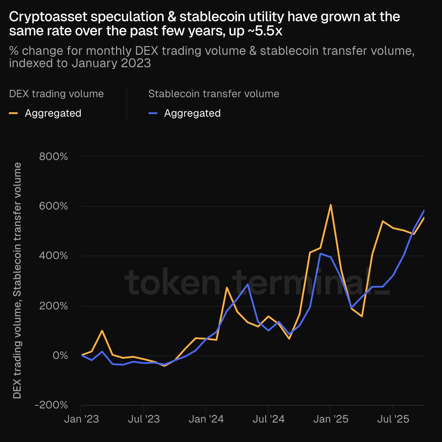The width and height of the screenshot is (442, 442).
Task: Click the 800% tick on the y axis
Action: pyautogui.click(x=53, y=157)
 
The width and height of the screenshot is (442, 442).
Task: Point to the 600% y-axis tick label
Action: pyautogui.click(x=53, y=206)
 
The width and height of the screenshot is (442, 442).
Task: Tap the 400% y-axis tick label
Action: pyautogui.click(x=53, y=256)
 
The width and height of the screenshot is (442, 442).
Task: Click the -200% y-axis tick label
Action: pyautogui.click(x=51, y=405)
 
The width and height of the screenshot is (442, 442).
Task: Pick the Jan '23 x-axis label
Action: pyautogui.click(x=81, y=419)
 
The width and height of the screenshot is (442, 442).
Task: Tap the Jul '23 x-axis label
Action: pyautogui.click(x=143, y=419)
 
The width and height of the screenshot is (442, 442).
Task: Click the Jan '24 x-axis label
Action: pyautogui.click(x=206, y=419)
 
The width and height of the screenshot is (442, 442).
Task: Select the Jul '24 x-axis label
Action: pyautogui.click(x=268, y=419)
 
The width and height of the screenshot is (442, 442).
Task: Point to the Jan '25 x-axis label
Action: pyautogui.click(x=330, y=419)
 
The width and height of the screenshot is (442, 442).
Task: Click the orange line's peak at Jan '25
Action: pyautogui.click(x=330, y=205)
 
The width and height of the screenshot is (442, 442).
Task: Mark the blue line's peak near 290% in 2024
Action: pyautogui.click(x=248, y=284)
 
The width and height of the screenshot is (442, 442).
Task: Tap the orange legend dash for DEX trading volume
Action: pyautogui.click(x=13, y=113)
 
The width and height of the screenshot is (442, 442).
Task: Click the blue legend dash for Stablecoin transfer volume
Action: pyautogui.click(x=153, y=113)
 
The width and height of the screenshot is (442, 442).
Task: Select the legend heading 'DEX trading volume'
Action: pyautogui.click(x=56, y=94)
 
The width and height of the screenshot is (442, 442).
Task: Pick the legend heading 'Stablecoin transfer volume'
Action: pyautogui.click(x=214, y=94)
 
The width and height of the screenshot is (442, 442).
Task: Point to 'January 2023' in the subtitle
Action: pyautogui.click(x=111, y=63)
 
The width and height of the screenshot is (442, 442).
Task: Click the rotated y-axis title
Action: pyautogui.click(x=17, y=281)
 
